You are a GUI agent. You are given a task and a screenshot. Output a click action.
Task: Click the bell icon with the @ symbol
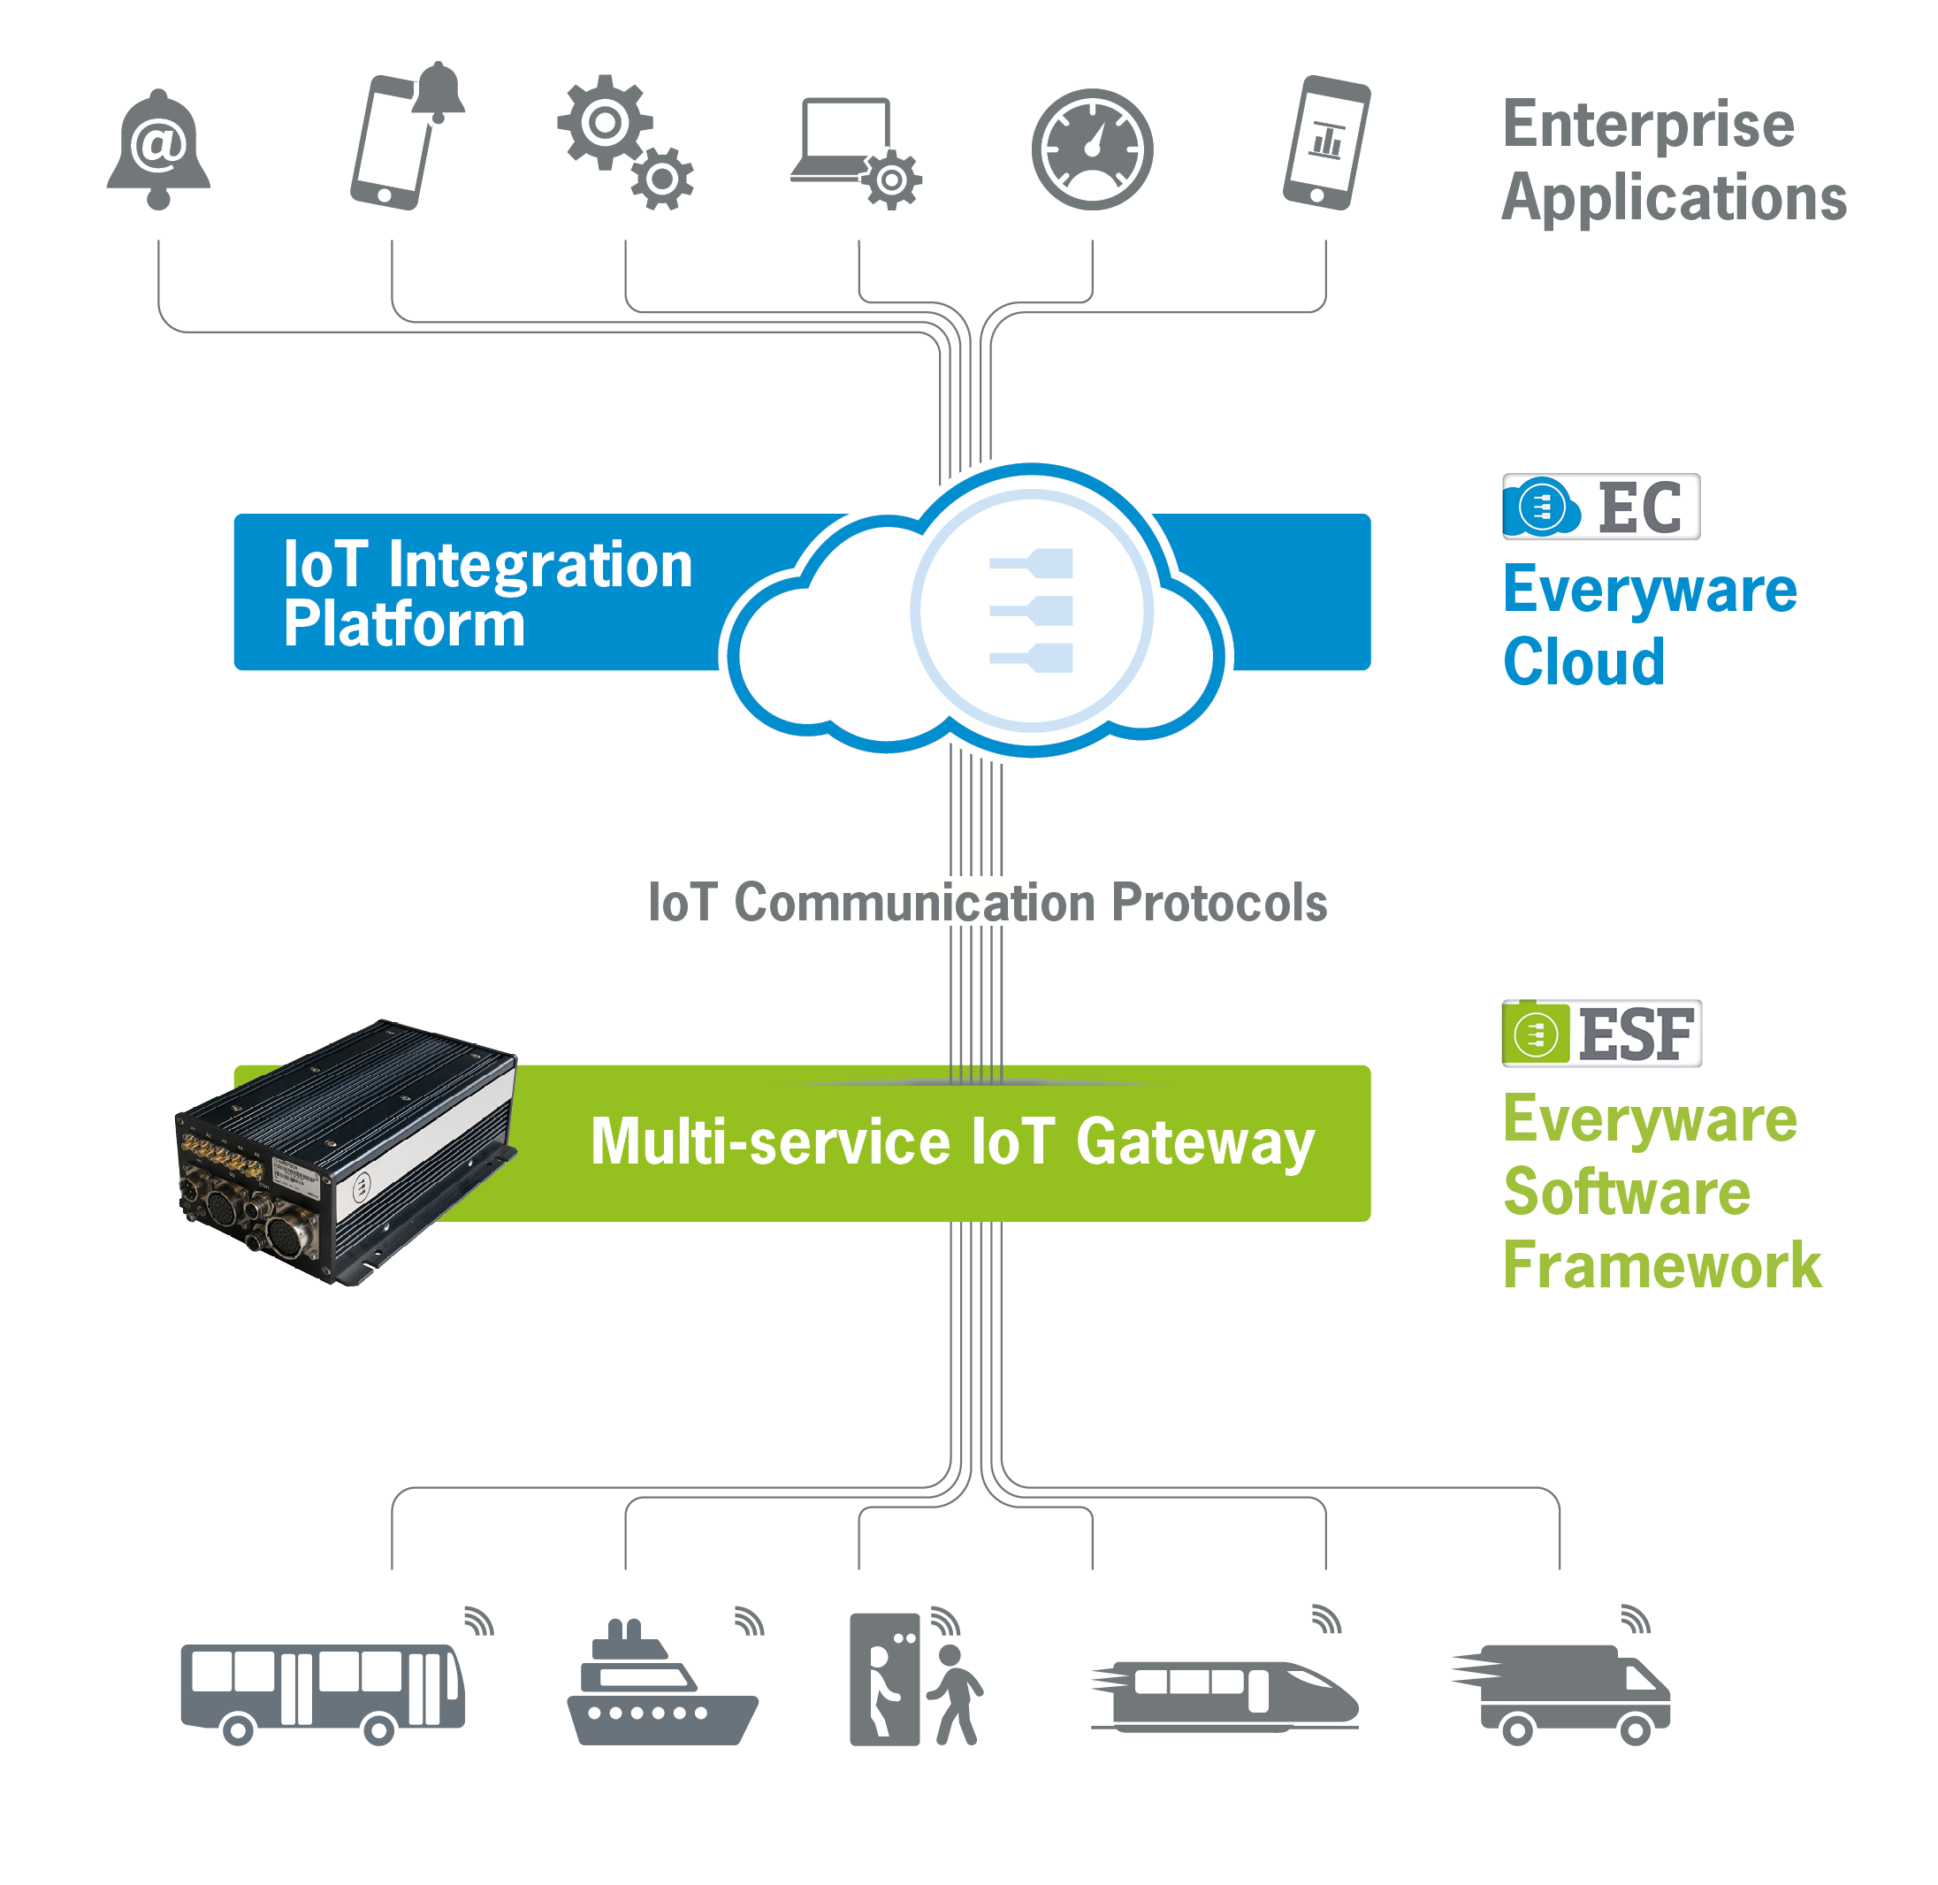pos(158,149)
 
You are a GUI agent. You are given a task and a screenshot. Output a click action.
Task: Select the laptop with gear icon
pos(856,154)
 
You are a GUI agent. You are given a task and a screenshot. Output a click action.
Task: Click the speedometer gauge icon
pos(1092,149)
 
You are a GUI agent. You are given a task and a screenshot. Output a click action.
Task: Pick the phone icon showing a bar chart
pos(1326,142)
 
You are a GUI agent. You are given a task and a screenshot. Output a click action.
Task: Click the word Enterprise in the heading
pos(1648,125)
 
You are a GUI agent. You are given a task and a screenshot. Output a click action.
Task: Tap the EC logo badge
pos(1600,507)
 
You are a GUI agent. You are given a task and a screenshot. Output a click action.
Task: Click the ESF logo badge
pos(1601,1034)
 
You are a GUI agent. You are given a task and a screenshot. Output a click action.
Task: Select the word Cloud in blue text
pos(1583,661)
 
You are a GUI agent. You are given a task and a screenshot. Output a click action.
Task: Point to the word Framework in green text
pos(1662,1265)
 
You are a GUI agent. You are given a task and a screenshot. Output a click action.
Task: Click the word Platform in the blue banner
pos(404,625)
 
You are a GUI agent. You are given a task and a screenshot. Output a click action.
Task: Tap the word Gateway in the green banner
pos(1194,1144)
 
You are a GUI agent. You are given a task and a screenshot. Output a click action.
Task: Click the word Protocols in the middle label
pos(1218,903)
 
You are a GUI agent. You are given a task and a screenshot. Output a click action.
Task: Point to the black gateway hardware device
pos(347,1152)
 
